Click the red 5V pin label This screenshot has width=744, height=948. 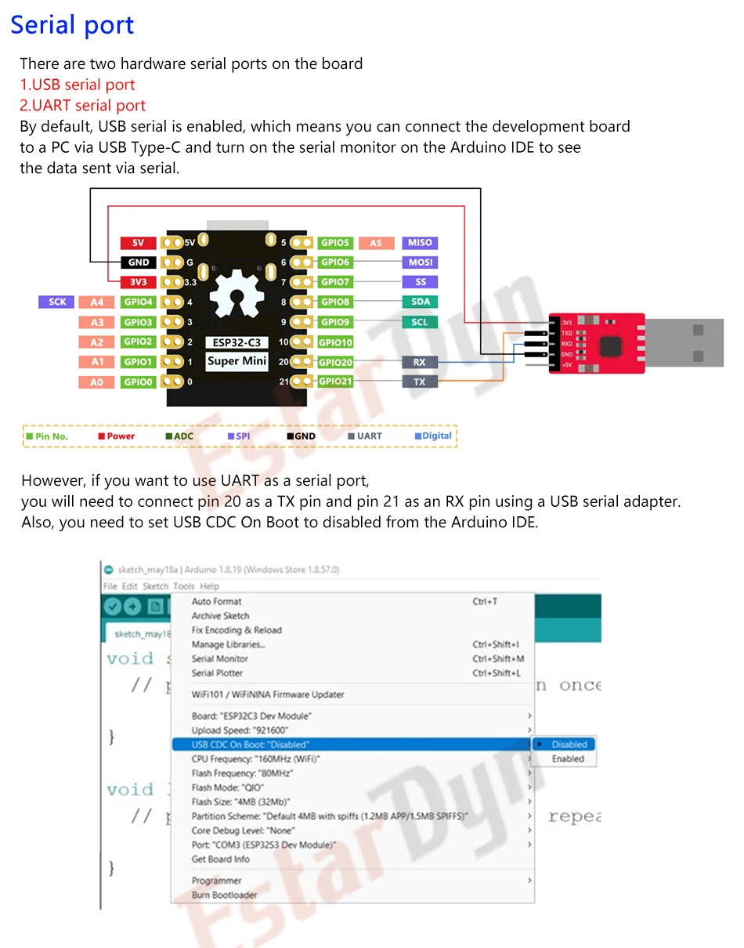pyautogui.click(x=138, y=243)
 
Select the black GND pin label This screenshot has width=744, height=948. pyautogui.click(x=138, y=262)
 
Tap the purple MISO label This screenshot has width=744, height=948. pyautogui.click(x=420, y=243)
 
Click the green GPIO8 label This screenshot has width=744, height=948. pyautogui.click(x=335, y=302)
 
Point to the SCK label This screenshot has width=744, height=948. pyautogui.click(x=57, y=302)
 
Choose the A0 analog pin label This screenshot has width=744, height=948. pyautogui.click(x=96, y=382)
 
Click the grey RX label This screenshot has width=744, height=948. pyautogui.click(x=419, y=362)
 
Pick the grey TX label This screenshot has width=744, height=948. pyautogui.click(x=419, y=382)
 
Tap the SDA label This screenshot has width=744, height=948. pyautogui.click(x=420, y=302)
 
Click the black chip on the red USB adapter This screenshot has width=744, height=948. pyautogui.click(x=611, y=343)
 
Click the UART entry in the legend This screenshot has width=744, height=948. pyautogui.click(x=365, y=436)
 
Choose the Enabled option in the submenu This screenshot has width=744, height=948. pyautogui.click(x=568, y=759)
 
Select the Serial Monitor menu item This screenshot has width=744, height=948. pyautogui.click(x=220, y=659)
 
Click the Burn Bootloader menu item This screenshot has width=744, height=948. pyautogui.click(x=224, y=895)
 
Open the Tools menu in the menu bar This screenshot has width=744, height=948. pyautogui.click(x=184, y=586)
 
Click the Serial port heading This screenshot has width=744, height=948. pyautogui.click(x=73, y=25)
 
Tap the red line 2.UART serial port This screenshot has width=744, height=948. pyautogui.click(x=83, y=106)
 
